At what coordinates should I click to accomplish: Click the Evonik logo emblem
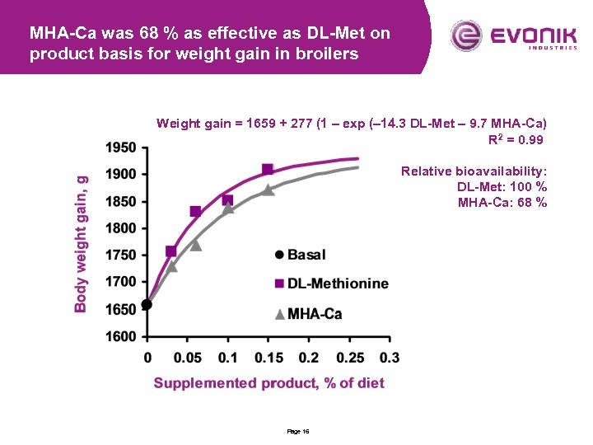[465, 35]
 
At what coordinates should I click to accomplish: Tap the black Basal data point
[147, 304]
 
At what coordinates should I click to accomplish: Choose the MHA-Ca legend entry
[307, 313]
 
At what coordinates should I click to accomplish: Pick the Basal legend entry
[300, 255]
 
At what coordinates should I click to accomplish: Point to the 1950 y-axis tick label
[122, 148]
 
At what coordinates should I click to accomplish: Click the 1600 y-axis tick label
[122, 336]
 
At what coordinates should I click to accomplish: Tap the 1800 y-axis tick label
[122, 228]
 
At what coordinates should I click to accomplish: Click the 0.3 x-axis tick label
[389, 358]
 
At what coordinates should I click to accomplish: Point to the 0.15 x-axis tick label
[268, 358]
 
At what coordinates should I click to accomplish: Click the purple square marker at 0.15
[268, 169]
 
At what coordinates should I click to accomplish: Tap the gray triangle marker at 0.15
[268, 190]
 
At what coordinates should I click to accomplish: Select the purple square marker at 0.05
[195, 211]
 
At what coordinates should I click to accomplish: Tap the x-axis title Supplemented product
[268, 383]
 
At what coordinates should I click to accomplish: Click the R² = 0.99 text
[516, 140]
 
